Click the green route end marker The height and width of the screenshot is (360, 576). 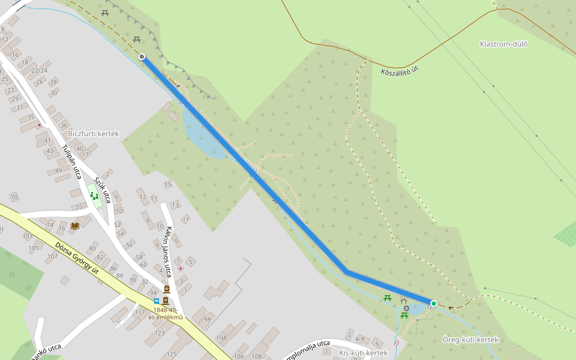(x=433, y=304)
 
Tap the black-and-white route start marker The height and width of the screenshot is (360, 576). (x=142, y=56)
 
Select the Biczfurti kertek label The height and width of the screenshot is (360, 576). (x=94, y=133)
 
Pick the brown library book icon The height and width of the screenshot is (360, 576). (x=74, y=226)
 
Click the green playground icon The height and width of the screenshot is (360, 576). (x=94, y=195)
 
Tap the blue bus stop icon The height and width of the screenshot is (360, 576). (x=157, y=301)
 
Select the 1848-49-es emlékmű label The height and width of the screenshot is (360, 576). (x=166, y=313)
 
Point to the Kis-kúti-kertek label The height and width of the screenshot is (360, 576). (x=363, y=353)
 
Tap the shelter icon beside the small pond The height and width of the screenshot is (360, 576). (x=404, y=301)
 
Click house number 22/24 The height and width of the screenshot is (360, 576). (x=40, y=70)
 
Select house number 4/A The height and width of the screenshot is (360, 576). (x=359, y=338)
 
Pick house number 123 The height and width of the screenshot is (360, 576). (x=159, y=333)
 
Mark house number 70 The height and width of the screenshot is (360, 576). (x=14, y=197)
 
